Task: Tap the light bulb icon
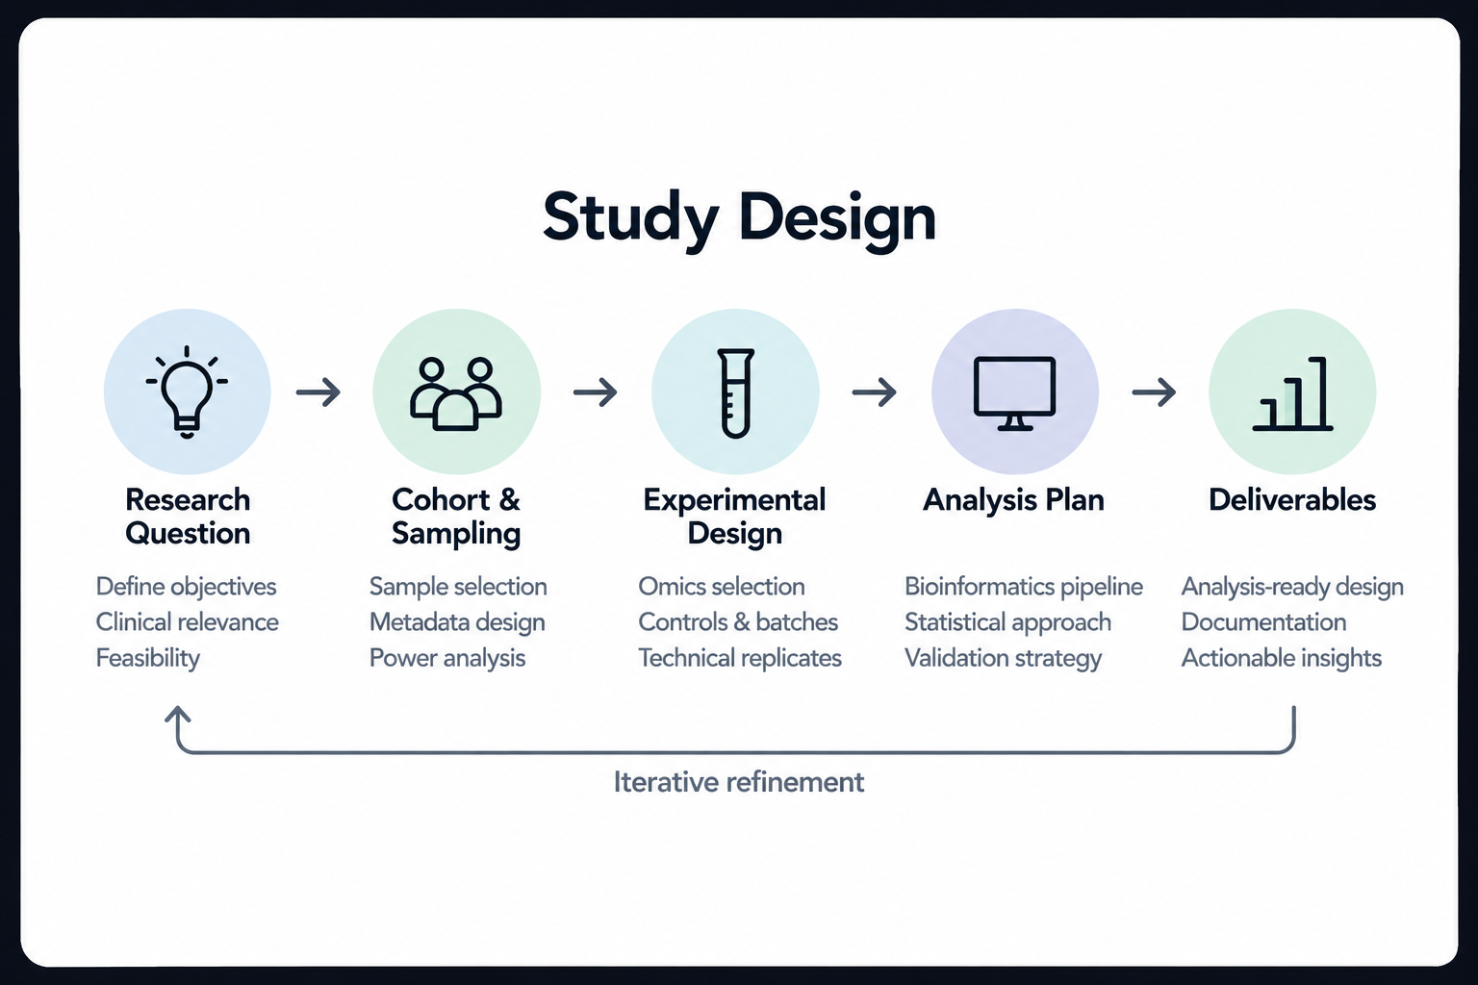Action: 187,391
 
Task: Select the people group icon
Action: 456,393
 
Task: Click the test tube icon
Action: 736,393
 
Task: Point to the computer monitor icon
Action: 1015,393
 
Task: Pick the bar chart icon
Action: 1292,393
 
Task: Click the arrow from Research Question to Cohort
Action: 319,391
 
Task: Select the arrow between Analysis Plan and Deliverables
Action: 1154,391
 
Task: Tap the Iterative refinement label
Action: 738,782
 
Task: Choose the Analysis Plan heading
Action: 1013,500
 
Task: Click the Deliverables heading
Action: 1292,500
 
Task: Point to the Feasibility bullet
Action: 148,658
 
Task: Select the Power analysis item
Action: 447,658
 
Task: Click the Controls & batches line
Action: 738,622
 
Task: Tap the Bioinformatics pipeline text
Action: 1024,587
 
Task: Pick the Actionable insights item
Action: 1281,658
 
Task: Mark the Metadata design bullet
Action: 457,622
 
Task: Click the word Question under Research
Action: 188,534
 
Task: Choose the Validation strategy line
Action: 1003,658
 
